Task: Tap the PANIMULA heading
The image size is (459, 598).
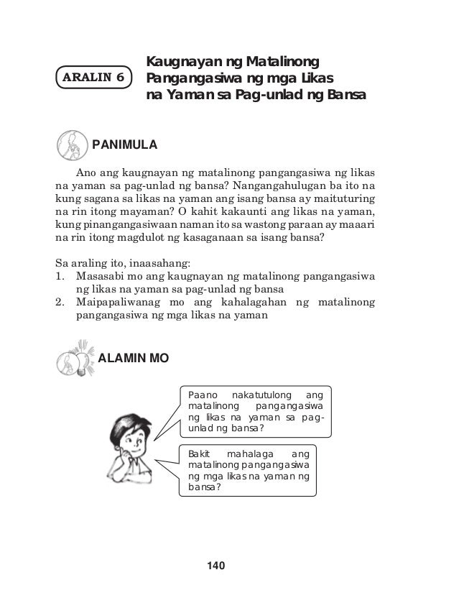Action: (x=124, y=144)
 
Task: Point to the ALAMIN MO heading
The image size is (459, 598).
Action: (x=133, y=357)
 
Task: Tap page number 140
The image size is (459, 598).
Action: (x=215, y=567)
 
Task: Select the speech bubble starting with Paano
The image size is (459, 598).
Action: (x=255, y=412)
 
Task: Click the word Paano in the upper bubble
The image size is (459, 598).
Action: (x=201, y=395)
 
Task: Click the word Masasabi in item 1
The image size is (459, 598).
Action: (x=101, y=275)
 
